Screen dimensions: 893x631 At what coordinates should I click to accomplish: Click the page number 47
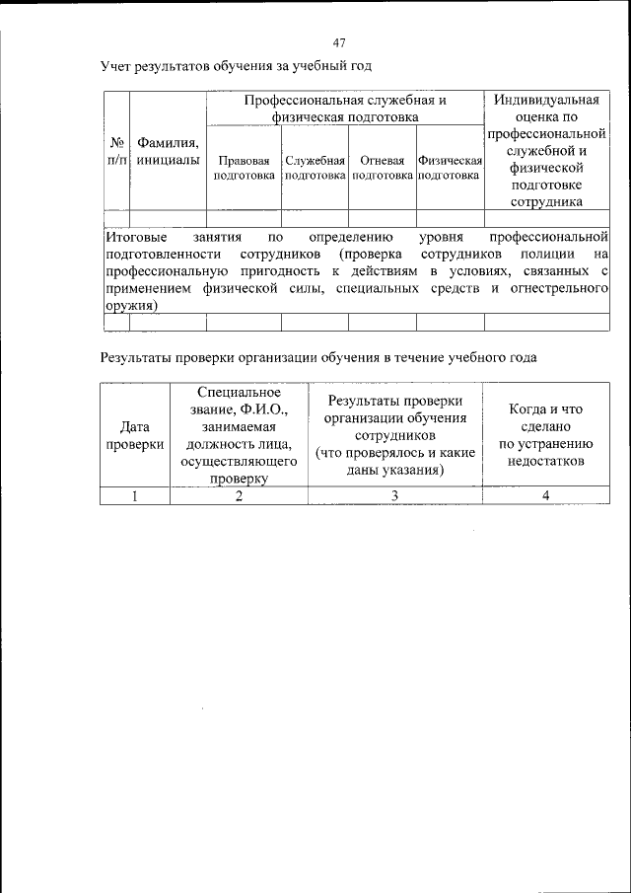point(339,42)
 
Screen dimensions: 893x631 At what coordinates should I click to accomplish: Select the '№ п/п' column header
point(116,150)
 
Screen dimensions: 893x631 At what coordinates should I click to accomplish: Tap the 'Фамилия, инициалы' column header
point(168,150)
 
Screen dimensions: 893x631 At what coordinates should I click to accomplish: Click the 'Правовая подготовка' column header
point(244,167)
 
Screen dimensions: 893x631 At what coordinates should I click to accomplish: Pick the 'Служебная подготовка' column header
point(315,167)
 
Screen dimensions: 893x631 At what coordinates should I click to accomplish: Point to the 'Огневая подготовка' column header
point(382,167)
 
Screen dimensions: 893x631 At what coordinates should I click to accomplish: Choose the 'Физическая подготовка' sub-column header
point(450,167)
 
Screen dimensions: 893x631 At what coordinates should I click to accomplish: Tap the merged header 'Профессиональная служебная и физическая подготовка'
point(345,109)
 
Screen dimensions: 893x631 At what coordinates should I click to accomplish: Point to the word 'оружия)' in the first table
point(131,305)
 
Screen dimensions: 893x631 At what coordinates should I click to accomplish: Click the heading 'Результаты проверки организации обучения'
point(318,357)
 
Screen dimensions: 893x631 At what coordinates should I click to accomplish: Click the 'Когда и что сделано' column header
point(545,435)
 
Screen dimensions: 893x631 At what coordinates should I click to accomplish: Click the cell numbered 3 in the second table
point(394,495)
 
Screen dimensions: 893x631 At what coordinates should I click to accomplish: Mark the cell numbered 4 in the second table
point(545,495)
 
